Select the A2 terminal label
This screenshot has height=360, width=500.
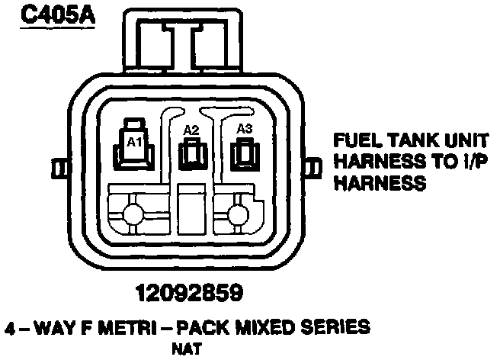pyautogui.click(x=191, y=130)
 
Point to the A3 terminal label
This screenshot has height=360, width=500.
pyautogui.click(x=245, y=129)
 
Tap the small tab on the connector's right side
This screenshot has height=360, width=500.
pyautogui.click(x=311, y=166)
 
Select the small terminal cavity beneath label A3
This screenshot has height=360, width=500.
pyautogui.click(x=245, y=156)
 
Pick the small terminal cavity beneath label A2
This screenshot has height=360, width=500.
pyautogui.click(x=191, y=156)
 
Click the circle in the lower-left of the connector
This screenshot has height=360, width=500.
pyautogui.click(x=135, y=215)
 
